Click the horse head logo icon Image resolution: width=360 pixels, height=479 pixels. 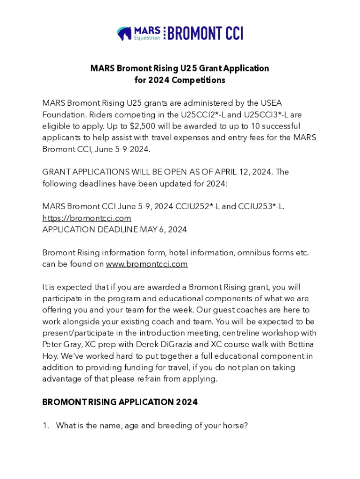[124, 34]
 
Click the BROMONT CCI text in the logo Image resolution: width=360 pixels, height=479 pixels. [205, 34]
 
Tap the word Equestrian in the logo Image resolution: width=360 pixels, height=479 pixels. [147, 38]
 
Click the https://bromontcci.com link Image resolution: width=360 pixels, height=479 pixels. [86, 218]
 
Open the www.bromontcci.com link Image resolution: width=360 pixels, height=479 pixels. [147, 264]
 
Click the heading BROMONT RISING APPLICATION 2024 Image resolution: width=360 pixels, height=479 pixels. [120, 402]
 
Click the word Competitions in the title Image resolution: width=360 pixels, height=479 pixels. [198, 80]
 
